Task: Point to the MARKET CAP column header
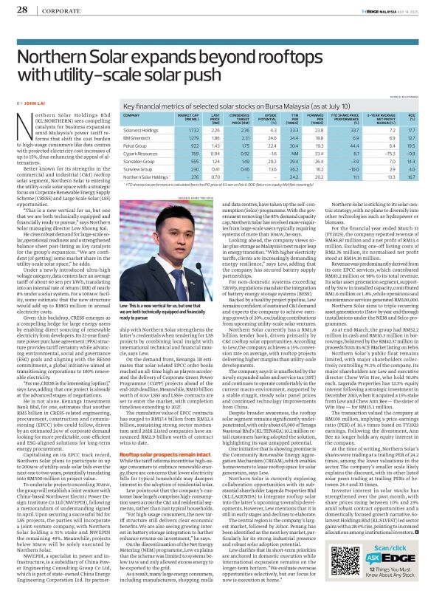point(189,116)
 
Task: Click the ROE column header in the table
point(410,116)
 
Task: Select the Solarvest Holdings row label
point(139,130)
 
